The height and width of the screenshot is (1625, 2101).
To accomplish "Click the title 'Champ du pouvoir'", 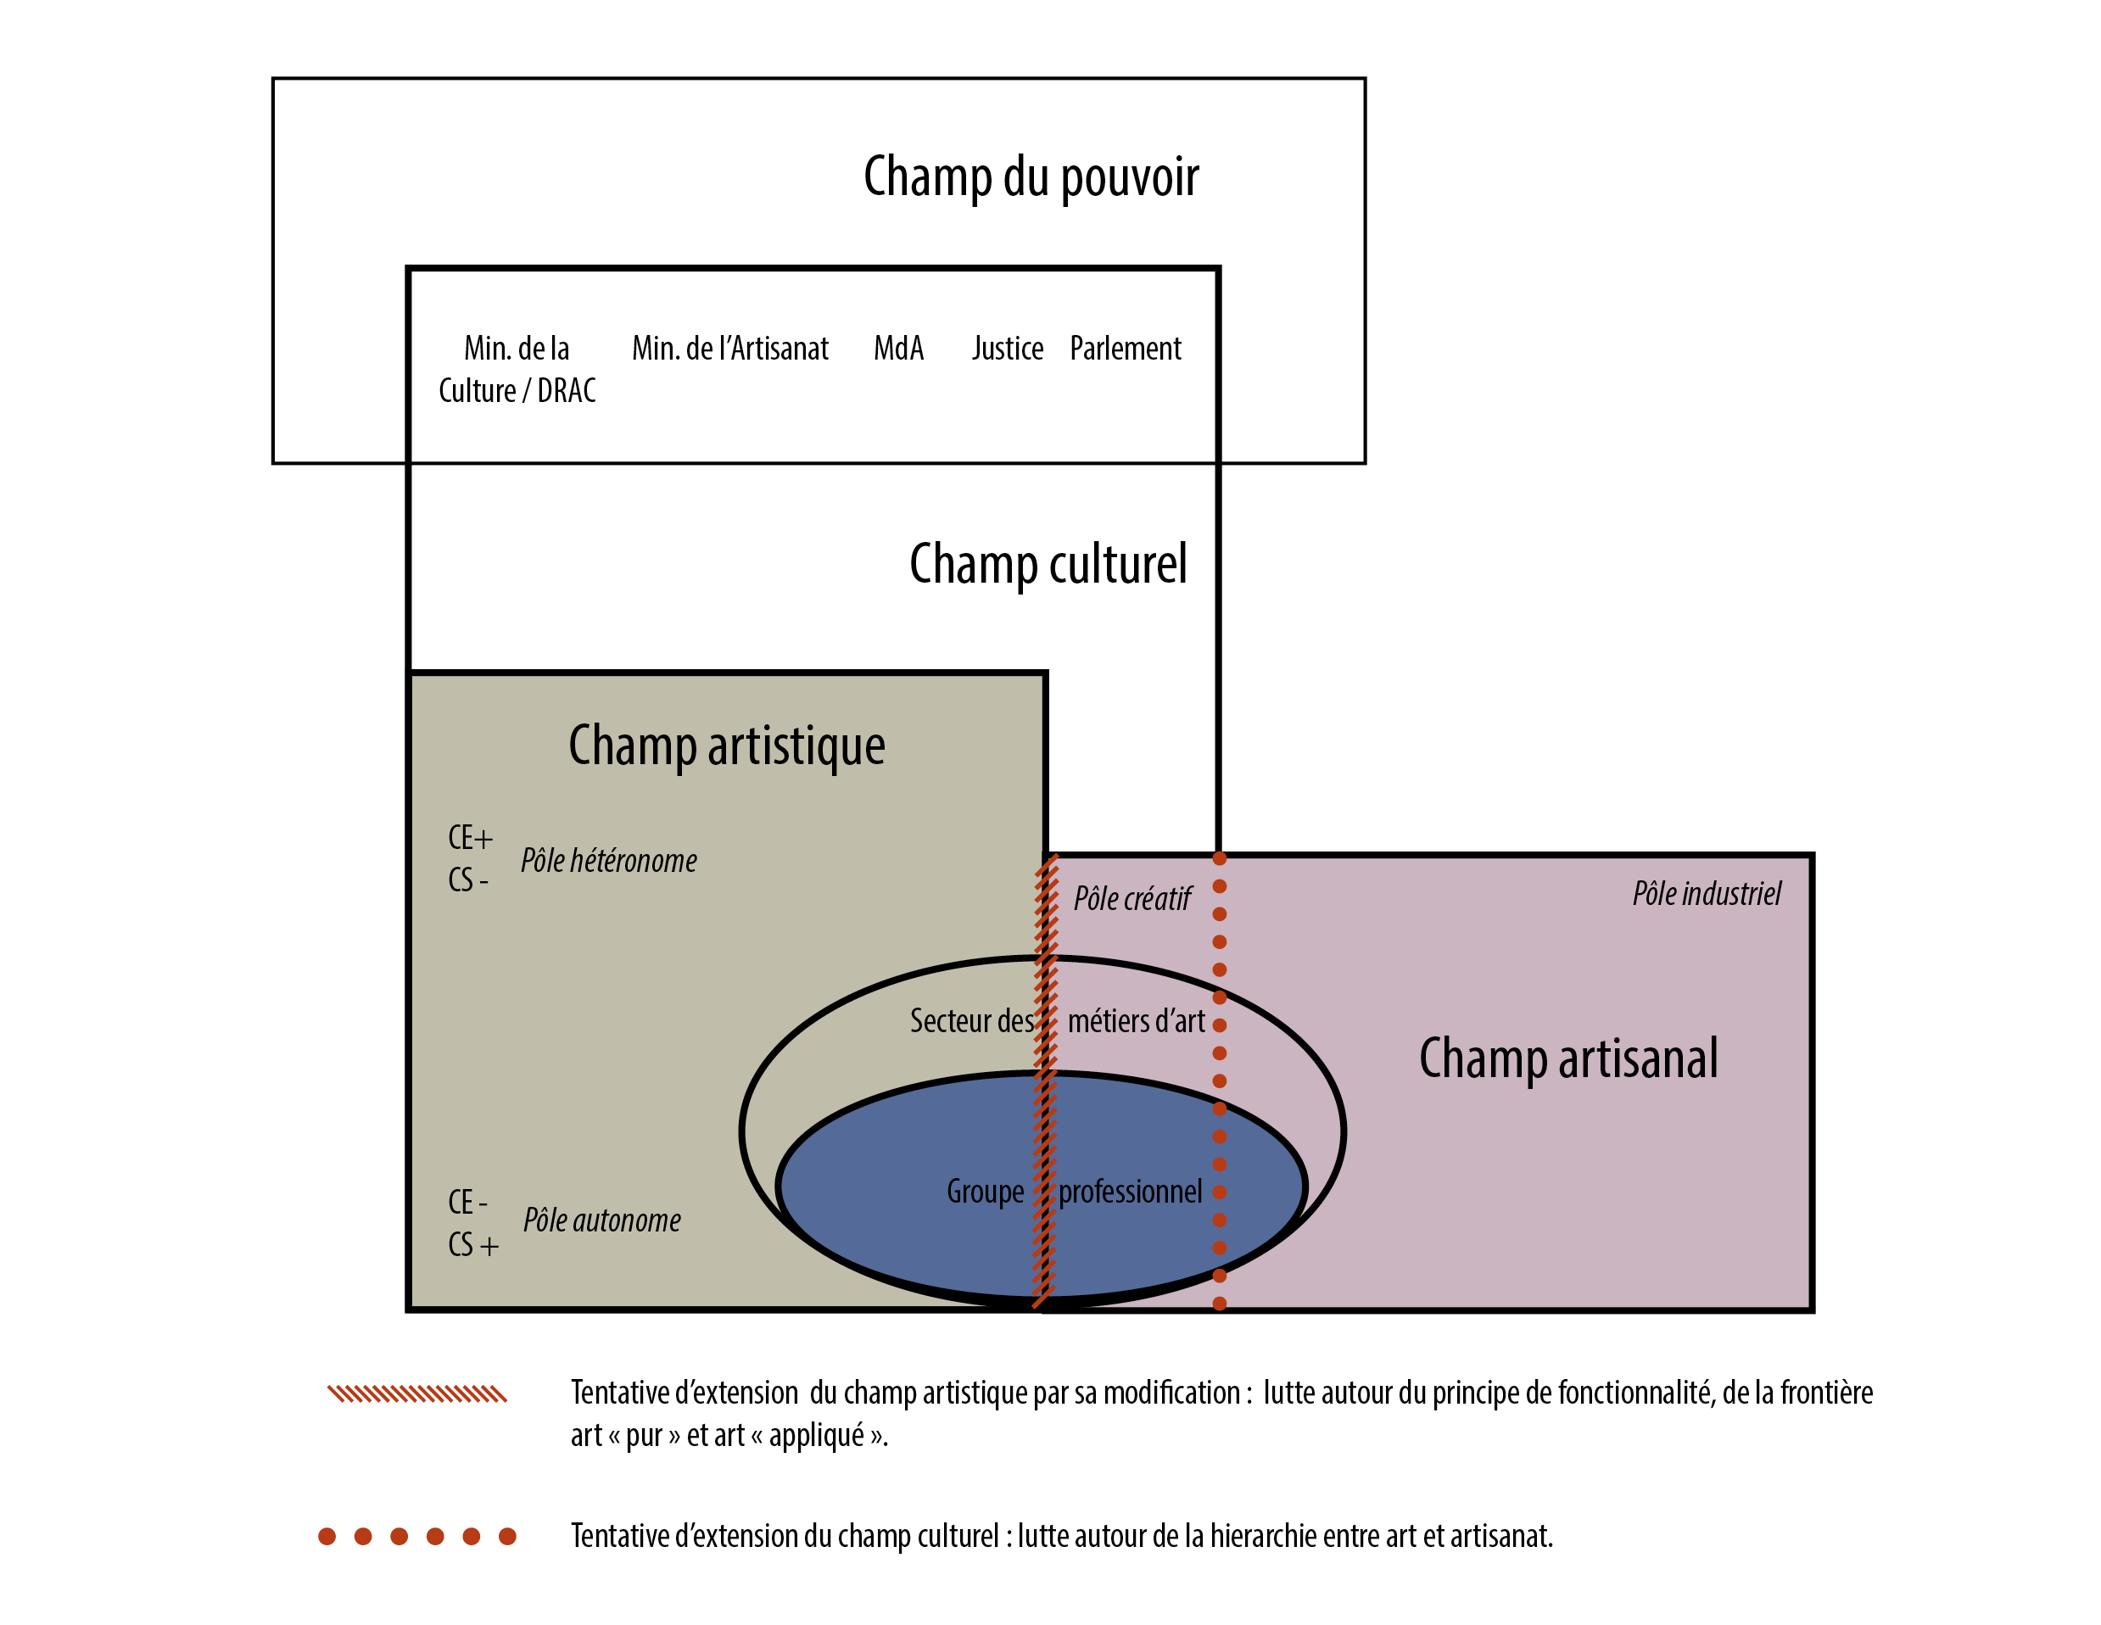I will [x=1031, y=177].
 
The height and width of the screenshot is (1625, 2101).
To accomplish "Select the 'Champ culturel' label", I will [x=1048, y=564].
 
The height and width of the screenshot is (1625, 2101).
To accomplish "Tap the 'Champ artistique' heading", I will [x=726, y=745].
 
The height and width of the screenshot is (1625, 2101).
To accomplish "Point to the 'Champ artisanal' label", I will [x=1568, y=1058].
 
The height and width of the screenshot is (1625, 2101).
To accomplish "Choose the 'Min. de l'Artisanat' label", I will [x=730, y=349].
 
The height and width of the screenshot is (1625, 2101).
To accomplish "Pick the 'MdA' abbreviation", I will [x=898, y=349].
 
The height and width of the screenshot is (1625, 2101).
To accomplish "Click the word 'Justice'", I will [x=1007, y=349].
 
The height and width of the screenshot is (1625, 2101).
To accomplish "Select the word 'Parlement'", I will [x=1126, y=349].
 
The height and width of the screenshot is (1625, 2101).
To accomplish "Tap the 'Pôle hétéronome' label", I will [x=609, y=861].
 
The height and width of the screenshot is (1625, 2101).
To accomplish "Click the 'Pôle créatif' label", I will [x=1132, y=900].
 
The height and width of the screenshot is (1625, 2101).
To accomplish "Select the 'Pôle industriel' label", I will [x=1707, y=894].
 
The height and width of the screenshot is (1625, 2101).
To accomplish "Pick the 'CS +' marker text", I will [x=473, y=1246].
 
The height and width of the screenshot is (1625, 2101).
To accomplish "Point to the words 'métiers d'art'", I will [x=1136, y=1021].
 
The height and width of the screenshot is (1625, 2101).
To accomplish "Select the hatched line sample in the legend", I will [x=416, y=1394].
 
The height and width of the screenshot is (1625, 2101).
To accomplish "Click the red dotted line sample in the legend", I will [x=417, y=1537].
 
